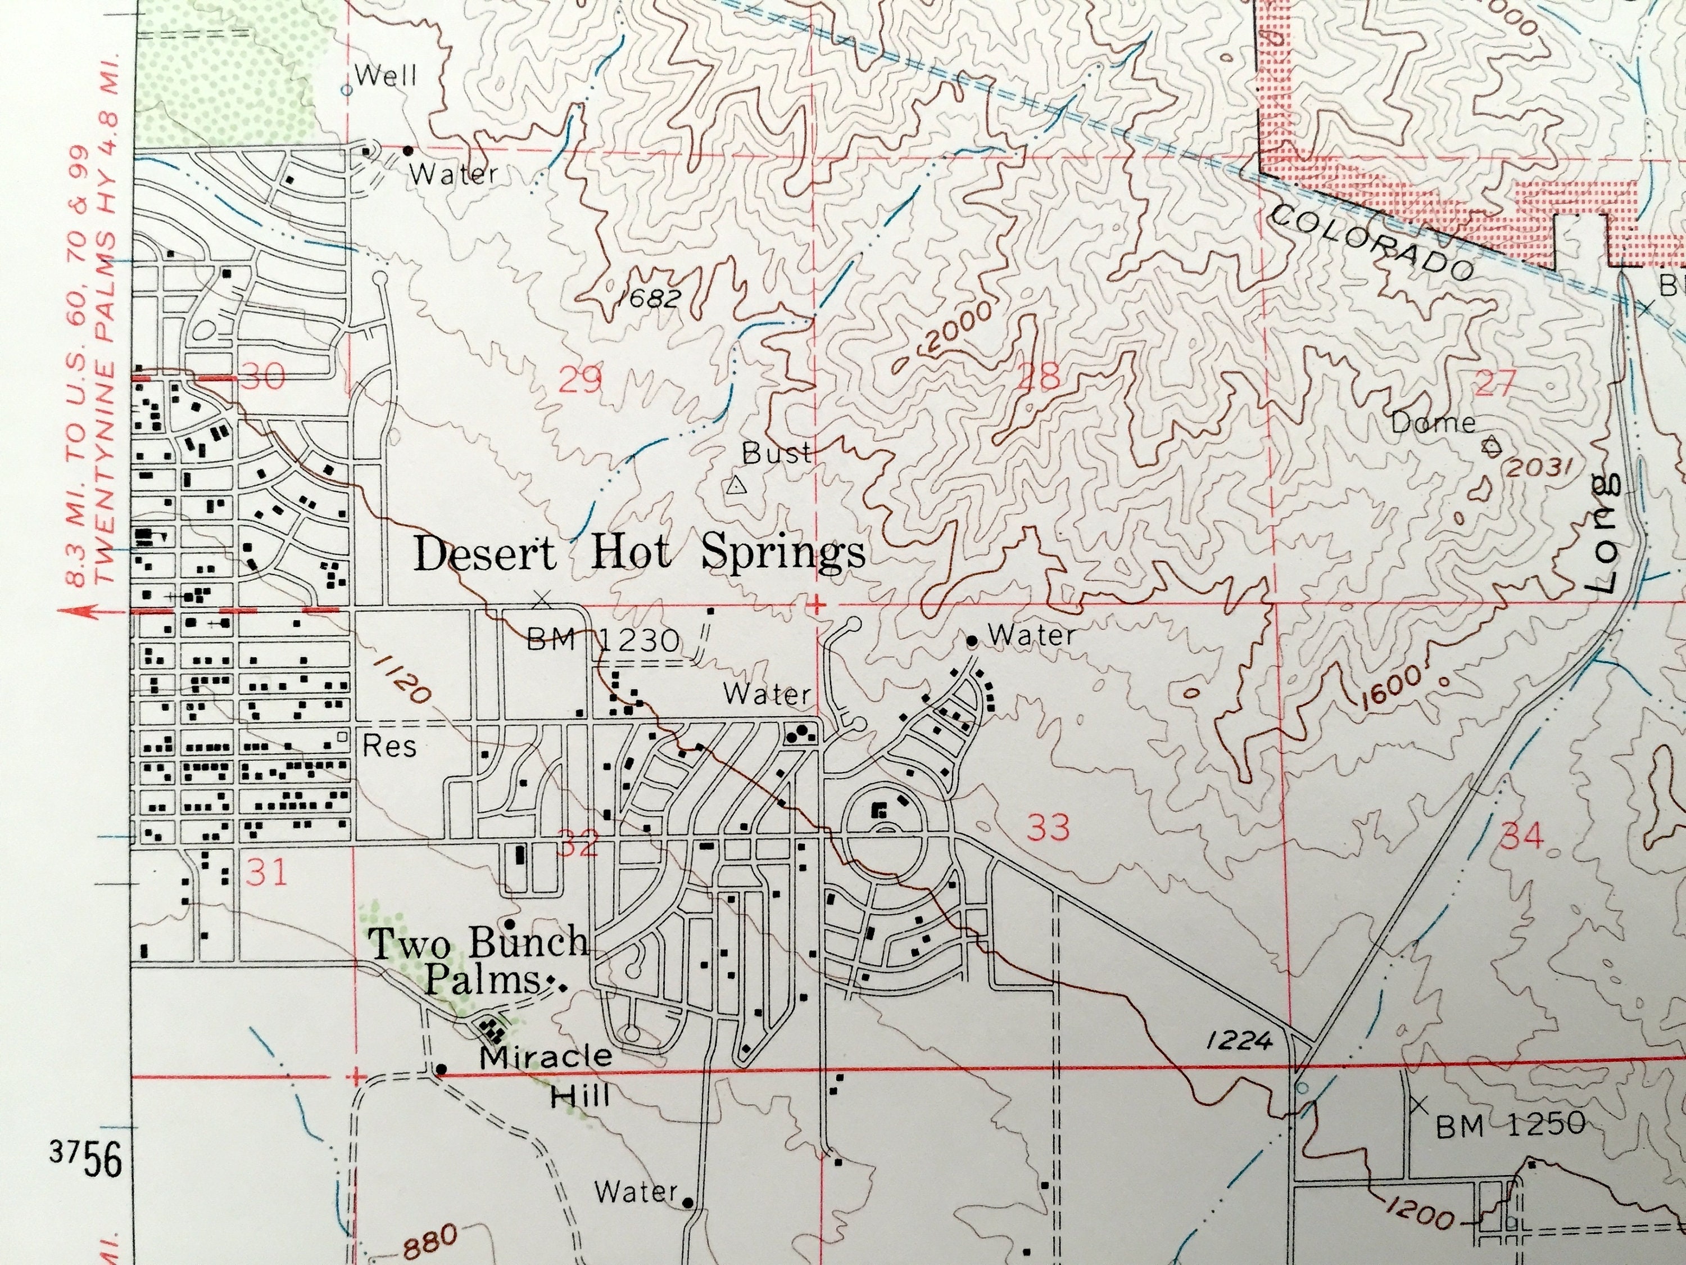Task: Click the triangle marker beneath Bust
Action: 735,486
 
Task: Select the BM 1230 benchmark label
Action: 602,640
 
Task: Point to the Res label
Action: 389,746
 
